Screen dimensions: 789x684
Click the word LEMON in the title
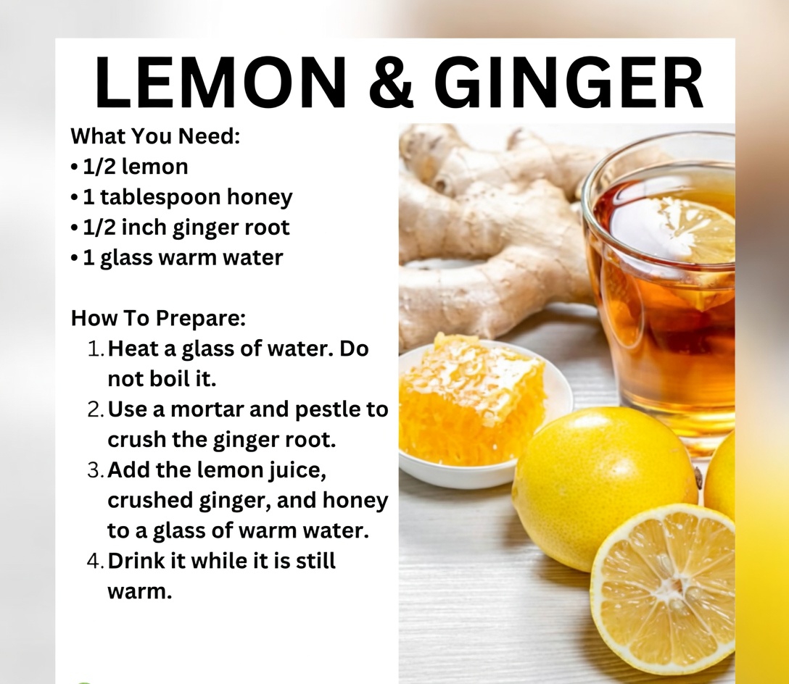(220, 83)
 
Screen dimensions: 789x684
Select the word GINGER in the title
(569, 83)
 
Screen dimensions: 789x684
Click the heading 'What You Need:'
(155, 136)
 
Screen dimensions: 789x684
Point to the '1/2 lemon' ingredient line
(136, 167)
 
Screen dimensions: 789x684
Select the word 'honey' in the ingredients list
(259, 197)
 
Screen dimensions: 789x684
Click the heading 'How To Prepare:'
(159, 318)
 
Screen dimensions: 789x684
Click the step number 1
(94, 349)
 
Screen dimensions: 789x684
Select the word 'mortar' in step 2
(207, 409)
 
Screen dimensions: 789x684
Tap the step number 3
(94, 470)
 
